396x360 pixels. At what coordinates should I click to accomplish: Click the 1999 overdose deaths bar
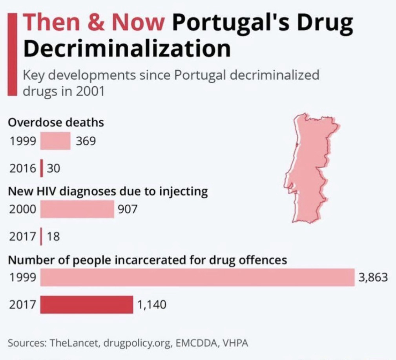(55, 141)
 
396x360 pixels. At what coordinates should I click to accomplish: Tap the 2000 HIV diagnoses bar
(77, 209)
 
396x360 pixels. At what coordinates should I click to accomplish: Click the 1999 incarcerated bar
(197, 278)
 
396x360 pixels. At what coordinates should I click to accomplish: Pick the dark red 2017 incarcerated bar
(86, 304)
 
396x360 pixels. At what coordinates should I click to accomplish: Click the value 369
(86, 141)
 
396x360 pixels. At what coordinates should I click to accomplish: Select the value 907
(128, 209)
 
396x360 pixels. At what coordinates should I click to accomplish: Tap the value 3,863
(373, 278)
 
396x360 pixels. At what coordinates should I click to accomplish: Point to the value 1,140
(151, 304)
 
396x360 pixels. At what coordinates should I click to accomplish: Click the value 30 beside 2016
(54, 169)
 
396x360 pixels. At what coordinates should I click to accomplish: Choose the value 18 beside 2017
(53, 237)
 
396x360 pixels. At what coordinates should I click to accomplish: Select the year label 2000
(22, 209)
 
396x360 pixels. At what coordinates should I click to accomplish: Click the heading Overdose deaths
(56, 122)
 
